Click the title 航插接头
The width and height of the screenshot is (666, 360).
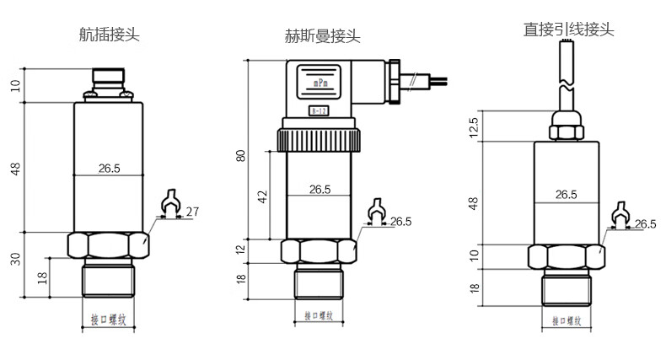[x=109, y=35]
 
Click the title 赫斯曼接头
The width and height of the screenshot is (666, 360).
[x=322, y=36]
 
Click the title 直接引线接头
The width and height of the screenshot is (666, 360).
[x=568, y=30]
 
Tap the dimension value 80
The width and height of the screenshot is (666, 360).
[x=241, y=155]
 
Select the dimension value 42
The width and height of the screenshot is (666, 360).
[x=261, y=196]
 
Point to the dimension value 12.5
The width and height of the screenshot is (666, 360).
[x=474, y=126]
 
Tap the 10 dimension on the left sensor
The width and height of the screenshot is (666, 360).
[x=15, y=85]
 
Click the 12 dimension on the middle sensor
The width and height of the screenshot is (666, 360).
[x=241, y=250]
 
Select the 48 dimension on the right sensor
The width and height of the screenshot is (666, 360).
[x=474, y=204]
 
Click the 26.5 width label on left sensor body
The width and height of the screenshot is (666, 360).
[x=109, y=169]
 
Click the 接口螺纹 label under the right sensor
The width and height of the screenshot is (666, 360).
[x=567, y=320]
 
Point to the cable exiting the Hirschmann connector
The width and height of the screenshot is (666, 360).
[x=426, y=81]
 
